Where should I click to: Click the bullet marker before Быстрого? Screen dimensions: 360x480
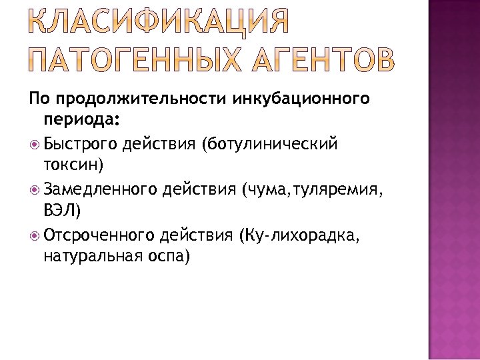click(35, 144)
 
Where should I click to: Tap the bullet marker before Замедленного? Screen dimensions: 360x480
click(35, 189)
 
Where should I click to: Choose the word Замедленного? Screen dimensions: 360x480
click(101, 189)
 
